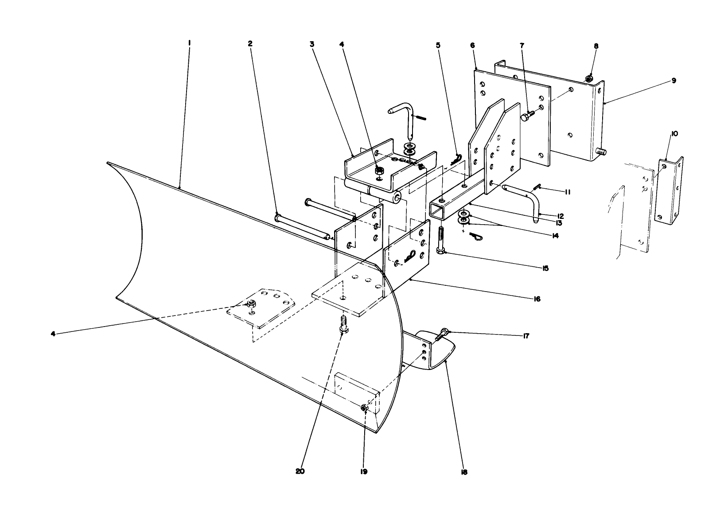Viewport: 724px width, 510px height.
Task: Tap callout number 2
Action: (250, 43)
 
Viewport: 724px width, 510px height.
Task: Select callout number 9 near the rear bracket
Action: (673, 80)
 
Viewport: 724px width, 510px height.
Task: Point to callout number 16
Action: (537, 299)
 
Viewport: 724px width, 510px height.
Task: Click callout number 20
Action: (300, 471)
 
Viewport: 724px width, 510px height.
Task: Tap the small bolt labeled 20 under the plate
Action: (342, 326)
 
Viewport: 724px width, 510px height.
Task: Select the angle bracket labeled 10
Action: (669, 191)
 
